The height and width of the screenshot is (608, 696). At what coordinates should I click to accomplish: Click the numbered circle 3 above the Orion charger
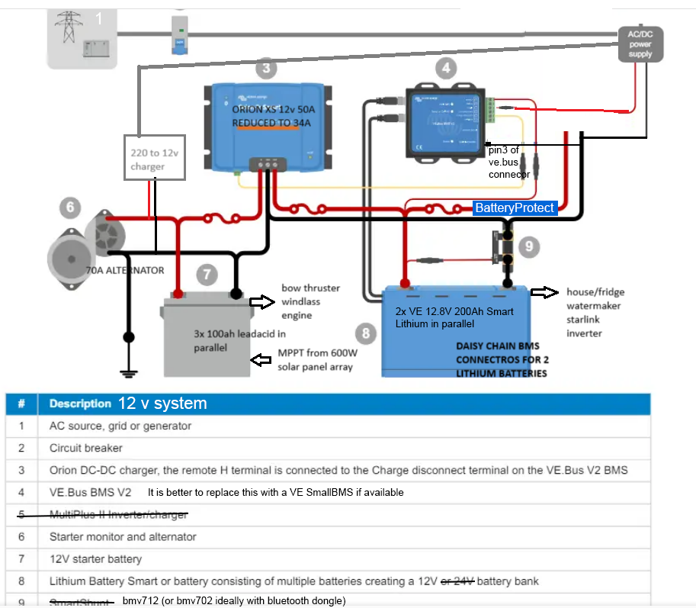[265, 69]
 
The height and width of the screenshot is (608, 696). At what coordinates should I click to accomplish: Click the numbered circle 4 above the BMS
[445, 69]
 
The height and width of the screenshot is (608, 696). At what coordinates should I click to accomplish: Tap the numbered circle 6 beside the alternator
[69, 207]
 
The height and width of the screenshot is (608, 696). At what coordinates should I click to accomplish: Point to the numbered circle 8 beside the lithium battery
[366, 333]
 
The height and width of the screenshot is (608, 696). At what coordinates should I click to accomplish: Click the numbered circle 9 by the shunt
[528, 246]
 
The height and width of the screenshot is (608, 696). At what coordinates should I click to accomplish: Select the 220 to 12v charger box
[155, 158]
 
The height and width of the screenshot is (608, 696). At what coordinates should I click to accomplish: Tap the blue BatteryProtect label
[515, 207]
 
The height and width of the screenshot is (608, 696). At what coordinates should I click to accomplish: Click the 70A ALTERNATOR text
[127, 270]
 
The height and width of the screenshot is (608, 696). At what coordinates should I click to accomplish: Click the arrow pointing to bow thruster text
[261, 302]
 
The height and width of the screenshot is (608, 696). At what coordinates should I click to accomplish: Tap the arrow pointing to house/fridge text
[544, 292]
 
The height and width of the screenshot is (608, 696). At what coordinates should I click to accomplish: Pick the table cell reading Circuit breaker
[86, 448]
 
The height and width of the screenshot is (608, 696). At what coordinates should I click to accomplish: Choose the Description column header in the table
[80, 404]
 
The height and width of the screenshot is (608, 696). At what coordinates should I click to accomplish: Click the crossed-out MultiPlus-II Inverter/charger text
[118, 515]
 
